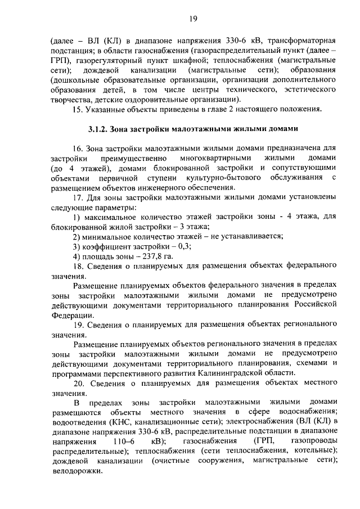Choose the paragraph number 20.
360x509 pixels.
tap(79, 382)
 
